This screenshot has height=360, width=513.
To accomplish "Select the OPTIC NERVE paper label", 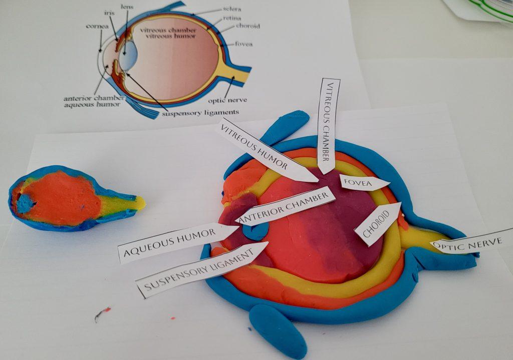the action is [471, 244].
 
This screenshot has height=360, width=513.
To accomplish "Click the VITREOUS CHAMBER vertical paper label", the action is [328, 126].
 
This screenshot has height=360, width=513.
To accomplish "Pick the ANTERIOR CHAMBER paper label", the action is [285, 206].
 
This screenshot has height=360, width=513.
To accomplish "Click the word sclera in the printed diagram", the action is [232, 9].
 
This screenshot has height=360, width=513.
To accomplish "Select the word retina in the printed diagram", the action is [232, 18].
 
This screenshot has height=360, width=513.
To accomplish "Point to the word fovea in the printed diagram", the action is [244, 44].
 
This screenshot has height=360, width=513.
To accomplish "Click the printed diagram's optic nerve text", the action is [227, 100].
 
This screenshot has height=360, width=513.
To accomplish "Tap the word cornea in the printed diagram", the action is [97, 26].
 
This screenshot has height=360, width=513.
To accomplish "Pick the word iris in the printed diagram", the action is [109, 13].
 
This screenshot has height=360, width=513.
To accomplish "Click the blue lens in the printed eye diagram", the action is [126, 56].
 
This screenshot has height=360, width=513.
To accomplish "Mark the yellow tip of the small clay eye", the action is [140, 203].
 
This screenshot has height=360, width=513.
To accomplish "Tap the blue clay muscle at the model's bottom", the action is [278, 330].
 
